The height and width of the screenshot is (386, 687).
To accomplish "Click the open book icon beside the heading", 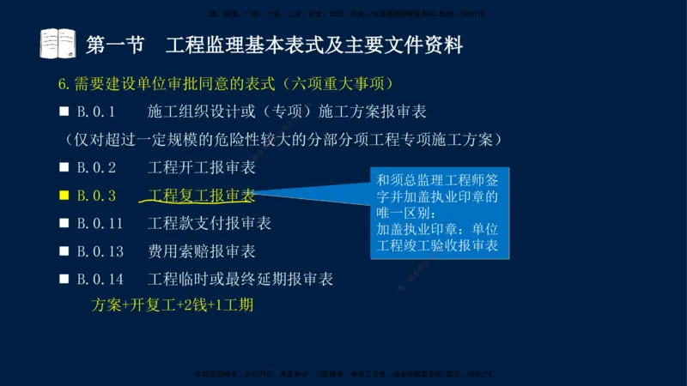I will pyautogui.click(x=58, y=44).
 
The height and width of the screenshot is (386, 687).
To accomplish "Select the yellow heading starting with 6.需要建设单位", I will pyautogui.click(x=225, y=84).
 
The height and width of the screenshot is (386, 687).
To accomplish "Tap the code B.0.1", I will pyautogui.click(x=96, y=112).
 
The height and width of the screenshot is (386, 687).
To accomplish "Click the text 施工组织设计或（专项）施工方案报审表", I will pyautogui.click(x=287, y=112).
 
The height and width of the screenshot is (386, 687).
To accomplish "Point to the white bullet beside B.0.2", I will pyautogui.click(x=64, y=167).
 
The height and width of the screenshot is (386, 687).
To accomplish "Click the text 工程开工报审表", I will pyautogui.click(x=201, y=167).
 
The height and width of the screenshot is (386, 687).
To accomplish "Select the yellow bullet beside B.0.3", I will pyautogui.click(x=64, y=196).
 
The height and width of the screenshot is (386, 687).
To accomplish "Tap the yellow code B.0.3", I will pyautogui.click(x=96, y=196).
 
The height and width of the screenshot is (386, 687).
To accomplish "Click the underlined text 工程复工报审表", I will pyautogui.click(x=201, y=196).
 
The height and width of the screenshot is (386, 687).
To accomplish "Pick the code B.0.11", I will pyautogui.click(x=100, y=223).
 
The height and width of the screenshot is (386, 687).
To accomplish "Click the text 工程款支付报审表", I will pyautogui.click(x=209, y=223).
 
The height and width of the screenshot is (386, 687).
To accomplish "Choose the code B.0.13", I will pyautogui.click(x=100, y=251).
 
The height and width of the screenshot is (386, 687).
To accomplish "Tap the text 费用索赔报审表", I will pyautogui.click(x=201, y=251).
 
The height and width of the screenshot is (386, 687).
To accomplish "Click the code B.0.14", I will pyautogui.click(x=100, y=279).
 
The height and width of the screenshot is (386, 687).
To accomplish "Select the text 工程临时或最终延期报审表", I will pyautogui.click(x=240, y=279).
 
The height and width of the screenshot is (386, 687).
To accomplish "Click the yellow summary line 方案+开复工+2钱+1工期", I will pyautogui.click(x=172, y=305).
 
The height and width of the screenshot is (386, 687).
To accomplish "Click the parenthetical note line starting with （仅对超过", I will pyautogui.click(x=283, y=139).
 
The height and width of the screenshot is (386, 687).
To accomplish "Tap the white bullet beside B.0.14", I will pyautogui.click(x=64, y=279).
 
